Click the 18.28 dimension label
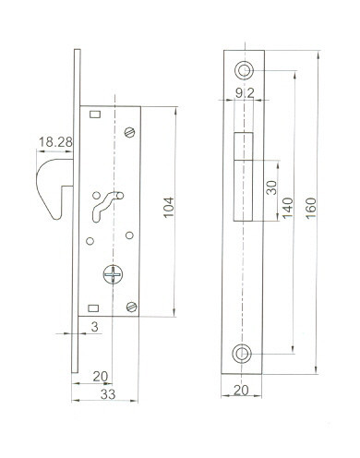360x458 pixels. pyautogui.click(x=55, y=142)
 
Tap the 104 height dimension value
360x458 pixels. pyautogui.click(x=169, y=208)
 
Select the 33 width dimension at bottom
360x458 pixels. pyautogui.click(x=108, y=394)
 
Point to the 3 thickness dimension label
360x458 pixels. pyautogui.click(x=94, y=327)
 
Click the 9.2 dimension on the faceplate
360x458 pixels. pyautogui.click(x=245, y=93)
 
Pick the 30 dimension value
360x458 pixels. pyautogui.click(x=271, y=187)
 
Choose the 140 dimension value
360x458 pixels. pyautogui.click(x=288, y=208)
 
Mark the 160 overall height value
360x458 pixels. pyautogui.click(x=311, y=208)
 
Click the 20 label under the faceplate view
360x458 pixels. pyautogui.click(x=241, y=391)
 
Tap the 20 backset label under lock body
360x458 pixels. pyautogui.click(x=101, y=377)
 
